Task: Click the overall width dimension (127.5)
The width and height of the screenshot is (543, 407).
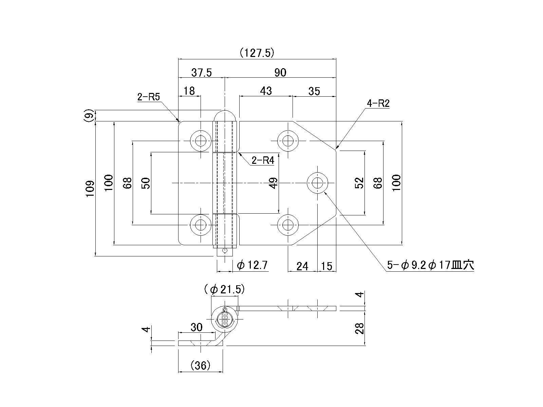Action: pyautogui.click(x=257, y=53)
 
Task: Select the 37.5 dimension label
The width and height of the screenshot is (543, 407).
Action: pyautogui.click(x=201, y=73)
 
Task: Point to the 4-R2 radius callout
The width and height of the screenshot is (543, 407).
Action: pyautogui.click(x=378, y=103)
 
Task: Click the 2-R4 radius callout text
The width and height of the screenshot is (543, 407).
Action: pyautogui.click(x=263, y=160)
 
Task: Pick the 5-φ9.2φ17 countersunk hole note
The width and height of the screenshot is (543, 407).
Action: pyautogui.click(x=430, y=265)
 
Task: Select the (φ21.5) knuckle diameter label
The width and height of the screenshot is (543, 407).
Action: pyautogui.click(x=224, y=289)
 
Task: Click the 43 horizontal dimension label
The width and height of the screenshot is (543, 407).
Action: pyautogui.click(x=266, y=91)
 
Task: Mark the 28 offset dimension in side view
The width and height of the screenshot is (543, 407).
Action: pyautogui.click(x=359, y=328)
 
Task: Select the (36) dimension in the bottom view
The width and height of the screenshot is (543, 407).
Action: pyautogui.click(x=201, y=366)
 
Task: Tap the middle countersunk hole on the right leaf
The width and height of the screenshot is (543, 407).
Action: pyautogui.click(x=318, y=183)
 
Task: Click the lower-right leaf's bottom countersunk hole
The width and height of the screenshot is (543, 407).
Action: pyautogui.click(x=288, y=225)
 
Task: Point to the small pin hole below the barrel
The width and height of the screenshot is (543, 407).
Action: pyautogui.click(x=224, y=251)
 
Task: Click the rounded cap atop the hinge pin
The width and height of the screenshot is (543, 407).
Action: pyautogui.click(x=225, y=115)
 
